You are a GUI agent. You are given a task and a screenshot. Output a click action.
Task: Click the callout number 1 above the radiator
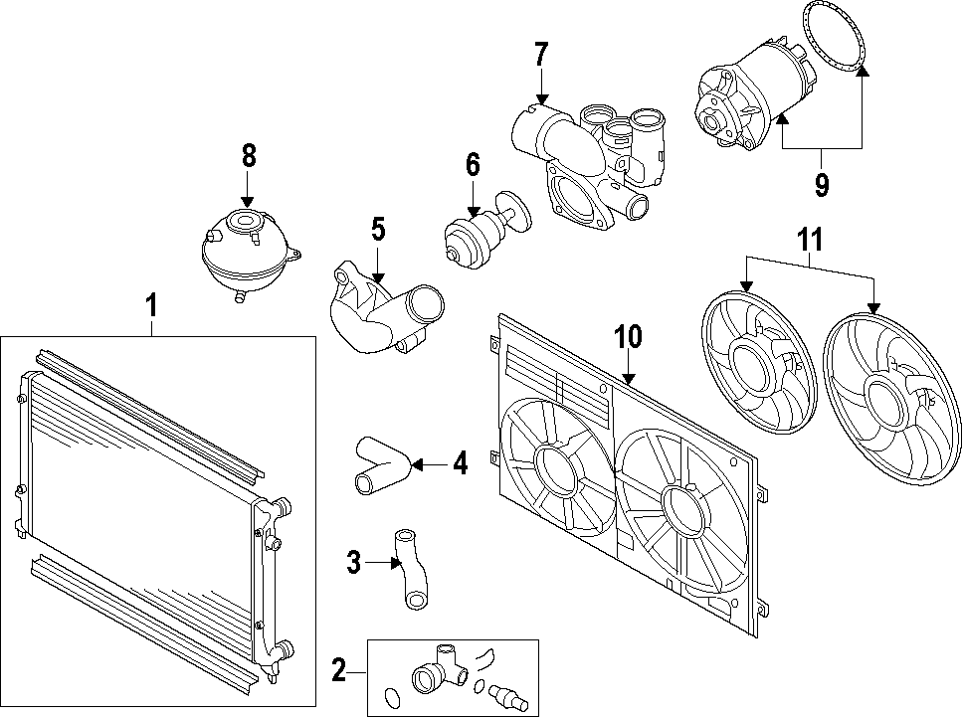151,306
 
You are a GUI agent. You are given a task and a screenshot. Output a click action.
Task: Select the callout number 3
353,563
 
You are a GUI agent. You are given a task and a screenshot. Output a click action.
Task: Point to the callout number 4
459,463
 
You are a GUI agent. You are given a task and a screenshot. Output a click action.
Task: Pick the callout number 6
473,166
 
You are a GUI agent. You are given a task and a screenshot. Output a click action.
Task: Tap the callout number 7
540,55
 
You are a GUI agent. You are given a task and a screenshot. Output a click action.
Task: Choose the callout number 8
248,156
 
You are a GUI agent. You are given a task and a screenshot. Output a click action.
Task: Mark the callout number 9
822,185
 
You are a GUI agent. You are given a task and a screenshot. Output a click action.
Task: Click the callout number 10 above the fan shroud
629,337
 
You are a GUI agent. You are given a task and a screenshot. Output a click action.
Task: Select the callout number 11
811,240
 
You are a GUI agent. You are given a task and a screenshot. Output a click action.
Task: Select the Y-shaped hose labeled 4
379,464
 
